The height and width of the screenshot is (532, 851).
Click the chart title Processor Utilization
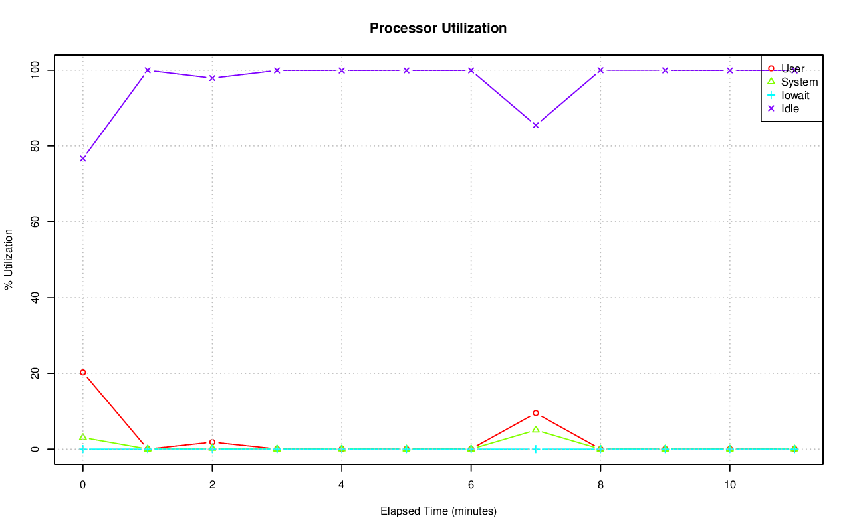pos(438,28)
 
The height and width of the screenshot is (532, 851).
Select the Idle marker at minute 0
pos(82,159)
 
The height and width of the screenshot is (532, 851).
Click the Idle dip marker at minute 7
pos(535,125)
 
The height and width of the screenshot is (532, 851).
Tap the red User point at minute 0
pos(82,373)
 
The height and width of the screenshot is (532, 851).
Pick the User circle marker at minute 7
pos(535,413)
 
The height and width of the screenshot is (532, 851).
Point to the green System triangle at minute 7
pos(535,430)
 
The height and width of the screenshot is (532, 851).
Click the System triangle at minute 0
pos(82,437)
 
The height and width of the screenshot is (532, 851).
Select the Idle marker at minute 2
pos(212,78)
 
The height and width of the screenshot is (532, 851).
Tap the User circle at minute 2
pos(212,442)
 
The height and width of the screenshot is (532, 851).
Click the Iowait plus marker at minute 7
pos(535,449)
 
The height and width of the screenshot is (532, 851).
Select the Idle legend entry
pos(790,108)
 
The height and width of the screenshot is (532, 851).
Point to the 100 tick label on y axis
pos(35,70)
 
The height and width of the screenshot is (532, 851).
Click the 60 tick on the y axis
pos(35,222)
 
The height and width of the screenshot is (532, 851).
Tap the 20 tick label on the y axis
pos(35,373)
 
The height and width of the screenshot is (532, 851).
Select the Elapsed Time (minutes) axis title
pos(438,511)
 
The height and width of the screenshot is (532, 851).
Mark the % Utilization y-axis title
pos(9,260)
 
